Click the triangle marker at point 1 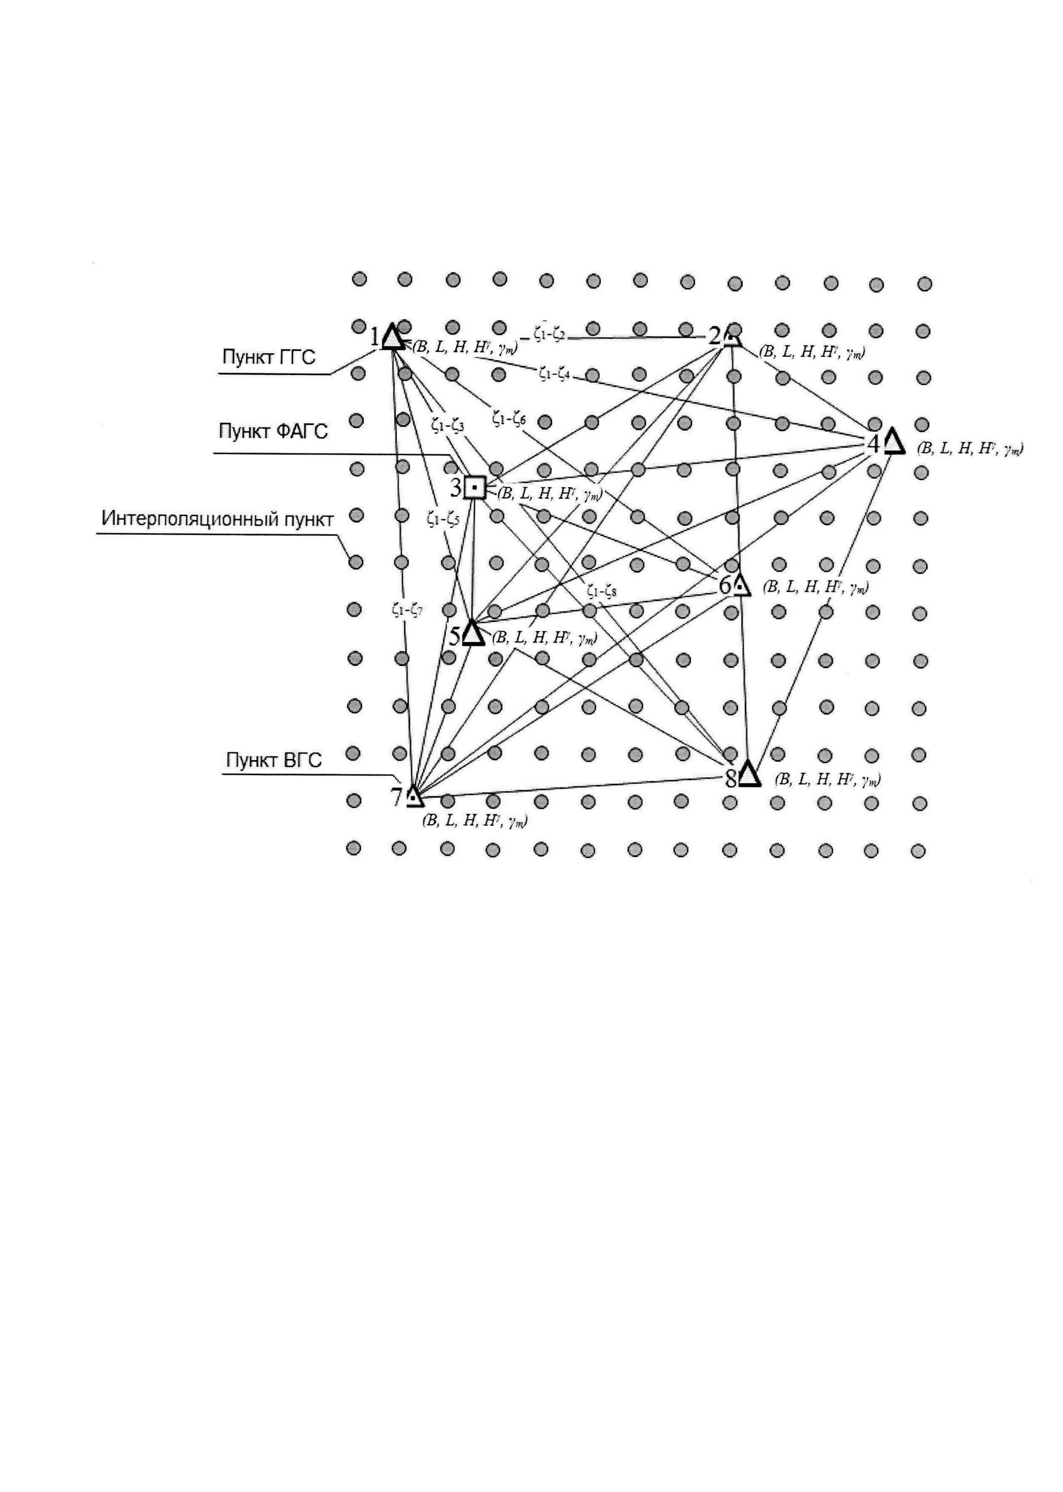392,337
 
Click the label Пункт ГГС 268,357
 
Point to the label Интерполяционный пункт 217,519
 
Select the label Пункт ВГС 274,761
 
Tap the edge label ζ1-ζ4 554,374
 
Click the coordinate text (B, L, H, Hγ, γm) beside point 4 969,449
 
